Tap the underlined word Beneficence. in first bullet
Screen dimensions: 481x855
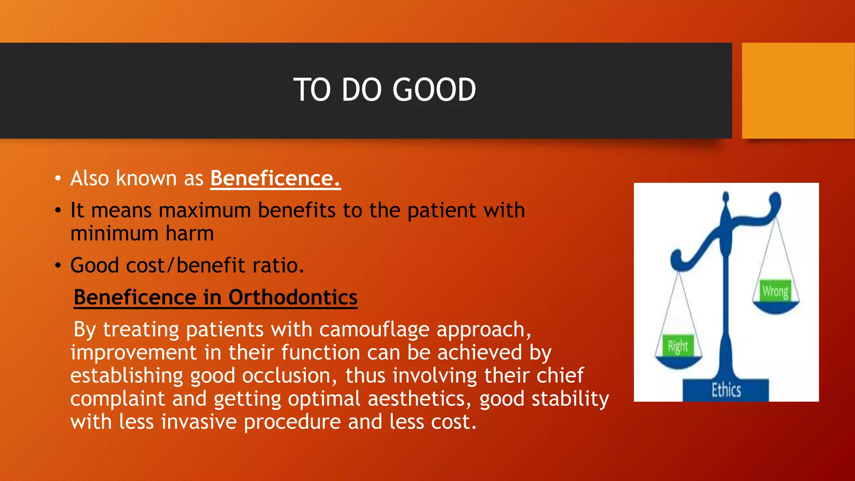[x=275, y=179]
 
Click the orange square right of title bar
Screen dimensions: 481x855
[x=798, y=91]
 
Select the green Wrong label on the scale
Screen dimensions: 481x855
[x=775, y=291]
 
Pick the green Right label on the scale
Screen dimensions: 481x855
[x=678, y=346]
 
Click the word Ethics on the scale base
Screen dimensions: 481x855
[x=726, y=390]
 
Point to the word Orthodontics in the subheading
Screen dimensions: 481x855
[x=293, y=298]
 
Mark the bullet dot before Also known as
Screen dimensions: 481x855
[x=58, y=179]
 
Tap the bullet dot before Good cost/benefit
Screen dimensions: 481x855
[x=58, y=266]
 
